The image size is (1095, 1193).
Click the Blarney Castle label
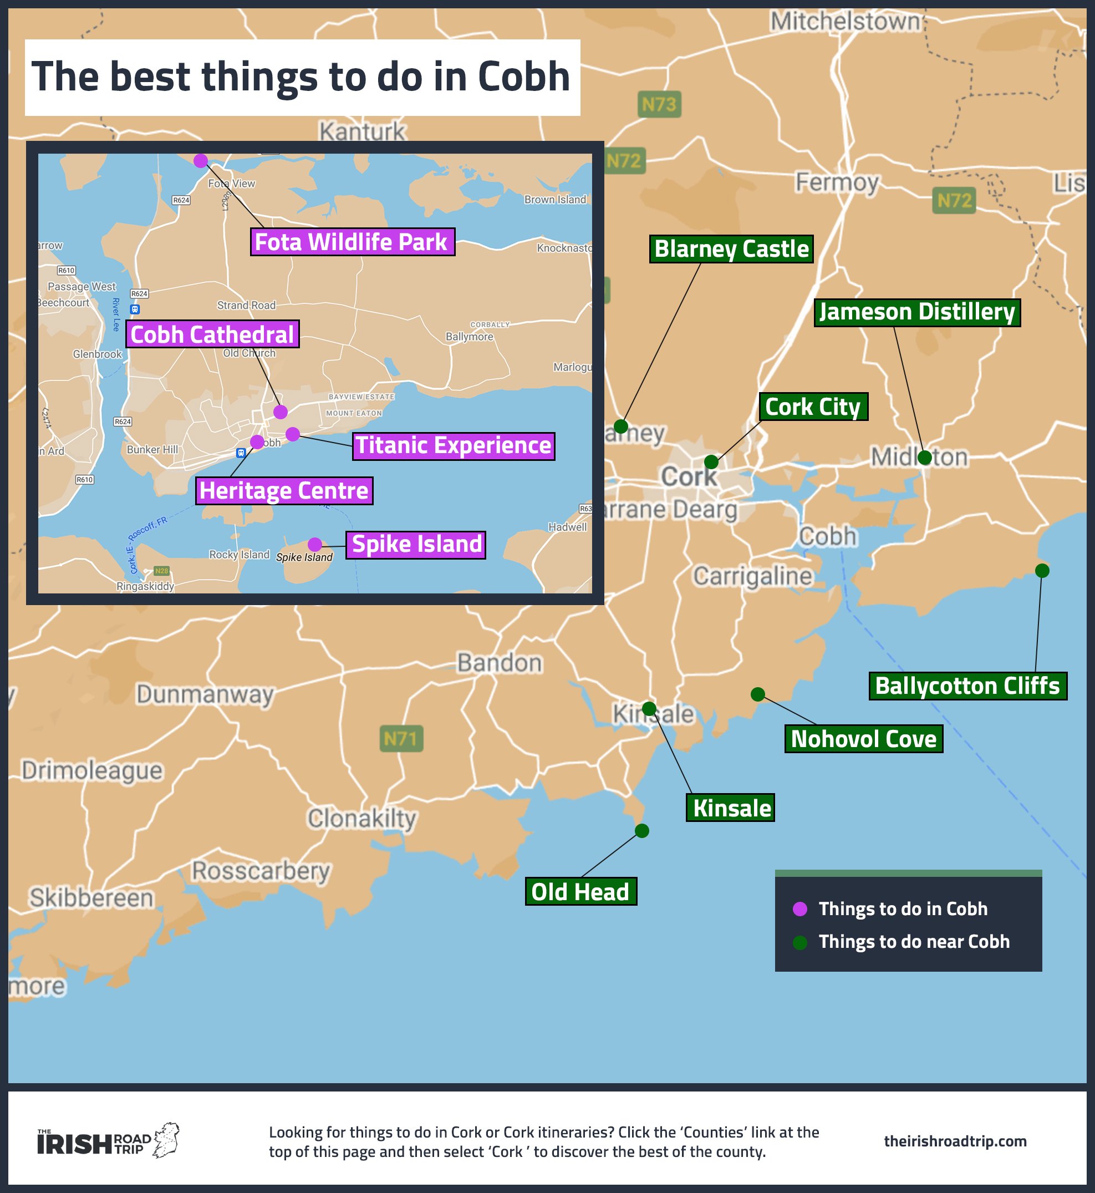(731, 249)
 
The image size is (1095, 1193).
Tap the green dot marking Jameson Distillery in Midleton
(924, 458)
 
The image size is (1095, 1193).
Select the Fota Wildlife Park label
(352, 242)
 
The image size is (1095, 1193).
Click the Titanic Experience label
(454, 446)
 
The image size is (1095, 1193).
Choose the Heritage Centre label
(284, 491)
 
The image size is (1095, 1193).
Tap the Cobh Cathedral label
(212, 334)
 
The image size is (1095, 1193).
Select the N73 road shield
(659, 105)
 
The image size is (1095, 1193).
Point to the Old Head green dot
(641, 831)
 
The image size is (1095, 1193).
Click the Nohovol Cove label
(863, 739)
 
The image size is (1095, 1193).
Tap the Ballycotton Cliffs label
(967, 686)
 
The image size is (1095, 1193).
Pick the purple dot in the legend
(800, 909)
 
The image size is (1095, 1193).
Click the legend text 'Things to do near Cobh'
(914, 942)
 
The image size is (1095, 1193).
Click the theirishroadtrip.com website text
(955, 1141)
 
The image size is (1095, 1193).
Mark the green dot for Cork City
(711, 461)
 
